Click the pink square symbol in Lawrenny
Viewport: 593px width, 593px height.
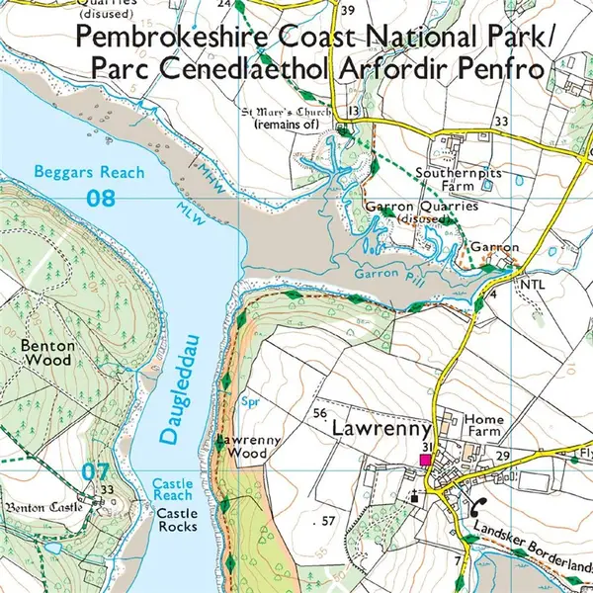425,460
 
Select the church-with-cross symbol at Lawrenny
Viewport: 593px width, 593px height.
413,496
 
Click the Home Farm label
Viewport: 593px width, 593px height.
483,425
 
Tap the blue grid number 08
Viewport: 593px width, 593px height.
101,198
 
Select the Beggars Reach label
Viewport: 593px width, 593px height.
89,172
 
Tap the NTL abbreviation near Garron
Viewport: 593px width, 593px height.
533,284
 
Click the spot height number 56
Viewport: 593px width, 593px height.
319,412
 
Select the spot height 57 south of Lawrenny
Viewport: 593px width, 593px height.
329,520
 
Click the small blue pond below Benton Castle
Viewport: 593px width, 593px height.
51,547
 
